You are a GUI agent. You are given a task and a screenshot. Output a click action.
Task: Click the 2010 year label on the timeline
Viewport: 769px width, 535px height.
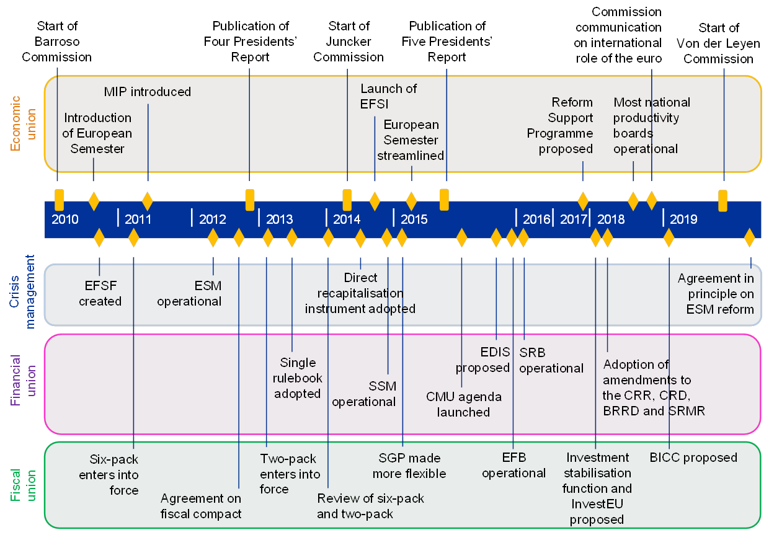[65, 219]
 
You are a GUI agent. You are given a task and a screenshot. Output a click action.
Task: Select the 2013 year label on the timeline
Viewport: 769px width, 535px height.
[279, 219]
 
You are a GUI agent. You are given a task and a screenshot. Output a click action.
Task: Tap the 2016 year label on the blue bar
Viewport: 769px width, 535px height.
[536, 219]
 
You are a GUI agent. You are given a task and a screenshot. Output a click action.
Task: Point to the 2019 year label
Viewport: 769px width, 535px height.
[683, 219]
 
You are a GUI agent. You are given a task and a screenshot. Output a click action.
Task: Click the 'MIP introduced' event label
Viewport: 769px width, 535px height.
[148, 92]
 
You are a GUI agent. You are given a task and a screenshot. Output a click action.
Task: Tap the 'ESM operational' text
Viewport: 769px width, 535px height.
[189, 294]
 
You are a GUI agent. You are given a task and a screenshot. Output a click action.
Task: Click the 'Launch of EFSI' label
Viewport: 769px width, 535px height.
[389, 96]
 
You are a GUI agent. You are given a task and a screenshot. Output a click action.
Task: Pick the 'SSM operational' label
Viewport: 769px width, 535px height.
[364, 394]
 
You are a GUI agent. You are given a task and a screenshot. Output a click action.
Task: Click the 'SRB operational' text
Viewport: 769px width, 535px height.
[551, 361]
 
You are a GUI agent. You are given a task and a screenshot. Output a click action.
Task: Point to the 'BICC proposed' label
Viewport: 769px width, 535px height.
[693, 458]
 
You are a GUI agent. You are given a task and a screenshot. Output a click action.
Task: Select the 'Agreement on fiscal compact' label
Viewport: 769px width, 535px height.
[201, 506]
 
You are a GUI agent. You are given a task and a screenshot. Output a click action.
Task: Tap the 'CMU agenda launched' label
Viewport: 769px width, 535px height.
[464, 404]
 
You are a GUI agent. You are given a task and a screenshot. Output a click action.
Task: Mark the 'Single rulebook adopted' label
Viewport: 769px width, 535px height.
[298, 378]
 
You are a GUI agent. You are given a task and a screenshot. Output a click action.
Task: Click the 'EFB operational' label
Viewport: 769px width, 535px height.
[513, 466]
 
